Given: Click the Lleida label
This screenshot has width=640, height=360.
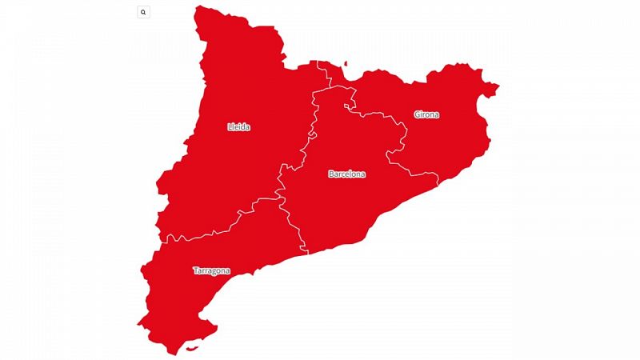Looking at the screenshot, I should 239,126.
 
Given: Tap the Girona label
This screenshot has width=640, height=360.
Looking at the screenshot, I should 426,114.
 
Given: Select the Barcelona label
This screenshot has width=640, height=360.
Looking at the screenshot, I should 346,174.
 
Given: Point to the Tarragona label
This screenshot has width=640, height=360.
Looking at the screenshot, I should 211,270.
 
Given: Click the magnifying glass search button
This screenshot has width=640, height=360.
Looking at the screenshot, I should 143,12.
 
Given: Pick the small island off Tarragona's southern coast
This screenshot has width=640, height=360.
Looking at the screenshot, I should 191,348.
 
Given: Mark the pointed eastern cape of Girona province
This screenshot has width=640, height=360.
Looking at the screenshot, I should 497,86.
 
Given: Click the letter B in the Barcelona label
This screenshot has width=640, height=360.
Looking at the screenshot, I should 331,174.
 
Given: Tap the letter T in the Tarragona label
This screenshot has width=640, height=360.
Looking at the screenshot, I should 195,270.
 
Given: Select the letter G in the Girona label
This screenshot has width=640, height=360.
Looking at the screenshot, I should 417,114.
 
